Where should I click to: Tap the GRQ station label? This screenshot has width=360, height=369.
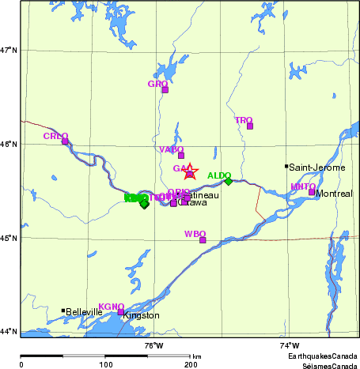pos(157,83)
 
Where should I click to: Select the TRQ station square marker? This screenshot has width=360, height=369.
pos(250,126)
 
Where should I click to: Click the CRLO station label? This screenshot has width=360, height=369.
pos(55,136)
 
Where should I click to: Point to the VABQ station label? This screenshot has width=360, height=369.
pos(171,149)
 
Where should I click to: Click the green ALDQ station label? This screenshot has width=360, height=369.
pos(219,175)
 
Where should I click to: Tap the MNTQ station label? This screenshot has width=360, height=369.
pos(303,186)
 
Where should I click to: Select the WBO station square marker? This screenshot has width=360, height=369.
pos(203,240)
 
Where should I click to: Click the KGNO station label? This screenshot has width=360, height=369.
pos(111,305)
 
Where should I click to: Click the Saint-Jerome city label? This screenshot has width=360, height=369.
pos(315,168)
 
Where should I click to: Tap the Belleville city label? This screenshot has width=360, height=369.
pos(85,312)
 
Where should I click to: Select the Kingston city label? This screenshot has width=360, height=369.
pos(141,315)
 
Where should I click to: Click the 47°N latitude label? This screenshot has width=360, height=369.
pos(9,50)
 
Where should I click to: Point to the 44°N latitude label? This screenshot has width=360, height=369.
pos(9,331)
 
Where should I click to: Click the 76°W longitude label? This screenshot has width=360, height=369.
pos(153,345)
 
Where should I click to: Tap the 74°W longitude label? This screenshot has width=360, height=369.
pos(290,345)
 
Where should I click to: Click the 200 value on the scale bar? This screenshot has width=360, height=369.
pos(191,364)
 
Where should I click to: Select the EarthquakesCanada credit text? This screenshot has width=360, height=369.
pos(322,357)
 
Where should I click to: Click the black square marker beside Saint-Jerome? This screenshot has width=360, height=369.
pos(286,166)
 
